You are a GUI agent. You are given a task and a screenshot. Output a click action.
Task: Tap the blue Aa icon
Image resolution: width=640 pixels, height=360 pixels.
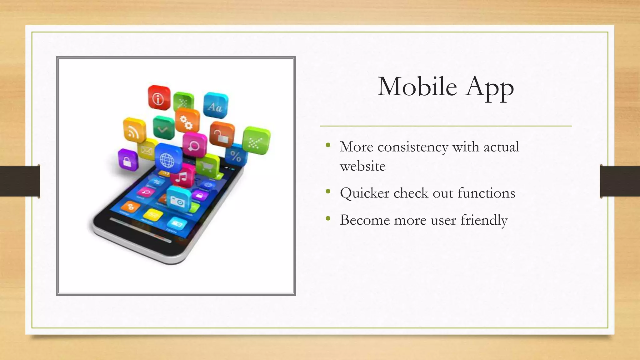pyautogui.click(x=216, y=106)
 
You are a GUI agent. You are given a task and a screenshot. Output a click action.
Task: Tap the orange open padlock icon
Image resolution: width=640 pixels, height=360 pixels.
pyautogui.click(x=222, y=135)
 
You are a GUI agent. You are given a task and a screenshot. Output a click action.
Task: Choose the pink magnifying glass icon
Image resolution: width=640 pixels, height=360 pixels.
pyautogui.click(x=195, y=145)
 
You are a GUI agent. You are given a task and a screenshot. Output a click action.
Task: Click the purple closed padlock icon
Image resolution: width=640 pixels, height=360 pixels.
pyautogui.click(x=127, y=160)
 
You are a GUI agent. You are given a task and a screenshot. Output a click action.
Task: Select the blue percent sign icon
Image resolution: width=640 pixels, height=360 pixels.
pyautogui.click(x=236, y=155)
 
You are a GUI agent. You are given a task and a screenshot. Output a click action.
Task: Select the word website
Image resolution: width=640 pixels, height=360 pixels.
pyautogui.click(x=362, y=166)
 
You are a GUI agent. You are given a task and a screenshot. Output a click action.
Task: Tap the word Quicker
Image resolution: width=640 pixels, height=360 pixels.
pyautogui.click(x=364, y=193)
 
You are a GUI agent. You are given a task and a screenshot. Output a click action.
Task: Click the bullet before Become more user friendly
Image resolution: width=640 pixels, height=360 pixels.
pyautogui.click(x=328, y=218)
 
